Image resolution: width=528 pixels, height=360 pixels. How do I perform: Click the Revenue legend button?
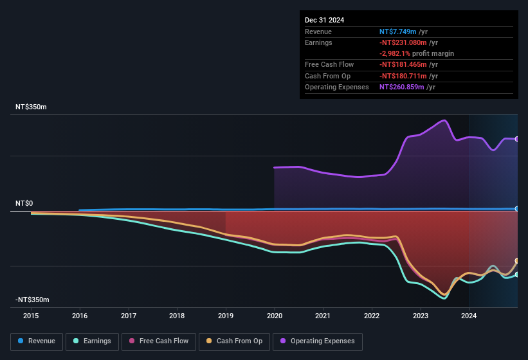click(37, 341)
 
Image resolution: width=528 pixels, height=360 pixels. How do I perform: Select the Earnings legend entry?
click(91, 341)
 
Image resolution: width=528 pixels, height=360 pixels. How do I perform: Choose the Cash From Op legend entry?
click(235, 341)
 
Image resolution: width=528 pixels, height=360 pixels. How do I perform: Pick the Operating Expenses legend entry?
click(318, 341)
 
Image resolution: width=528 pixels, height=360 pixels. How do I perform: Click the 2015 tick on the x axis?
click(32, 316)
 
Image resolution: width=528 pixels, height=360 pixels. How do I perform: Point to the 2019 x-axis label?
click(226, 316)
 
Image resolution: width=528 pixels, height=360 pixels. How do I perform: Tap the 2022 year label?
click(372, 316)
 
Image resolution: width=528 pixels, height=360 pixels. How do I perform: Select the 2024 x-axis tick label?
click(469, 316)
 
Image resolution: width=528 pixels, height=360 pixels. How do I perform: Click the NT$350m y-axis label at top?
click(31, 107)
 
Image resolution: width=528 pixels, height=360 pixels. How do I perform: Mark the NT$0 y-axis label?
click(24, 203)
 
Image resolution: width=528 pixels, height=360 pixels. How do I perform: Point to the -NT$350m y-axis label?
click(32, 300)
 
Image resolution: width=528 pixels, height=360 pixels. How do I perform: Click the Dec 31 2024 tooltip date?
click(325, 20)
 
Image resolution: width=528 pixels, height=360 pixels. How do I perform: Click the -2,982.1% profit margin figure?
click(399, 53)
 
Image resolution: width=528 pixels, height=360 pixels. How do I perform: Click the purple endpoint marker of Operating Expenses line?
click(517, 139)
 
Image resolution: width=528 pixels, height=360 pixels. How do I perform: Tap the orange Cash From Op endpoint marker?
click(517, 260)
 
